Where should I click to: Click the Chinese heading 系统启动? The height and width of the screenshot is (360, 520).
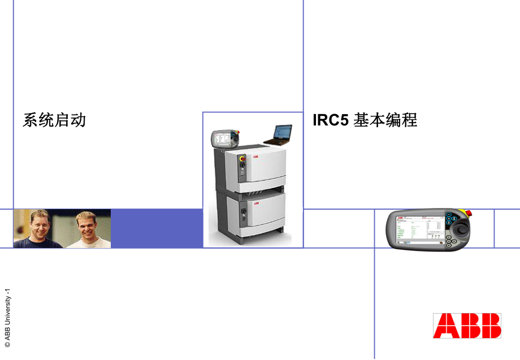[54, 120]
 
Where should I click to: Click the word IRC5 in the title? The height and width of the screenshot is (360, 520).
[331, 120]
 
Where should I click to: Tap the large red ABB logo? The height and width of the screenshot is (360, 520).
[467, 326]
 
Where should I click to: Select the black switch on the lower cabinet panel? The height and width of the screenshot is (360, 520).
[244, 213]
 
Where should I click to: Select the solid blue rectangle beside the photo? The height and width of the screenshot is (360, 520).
[157, 228]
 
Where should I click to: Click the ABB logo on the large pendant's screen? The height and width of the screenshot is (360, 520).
[400, 217]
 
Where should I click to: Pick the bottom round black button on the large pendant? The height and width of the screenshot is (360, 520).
[448, 244]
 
